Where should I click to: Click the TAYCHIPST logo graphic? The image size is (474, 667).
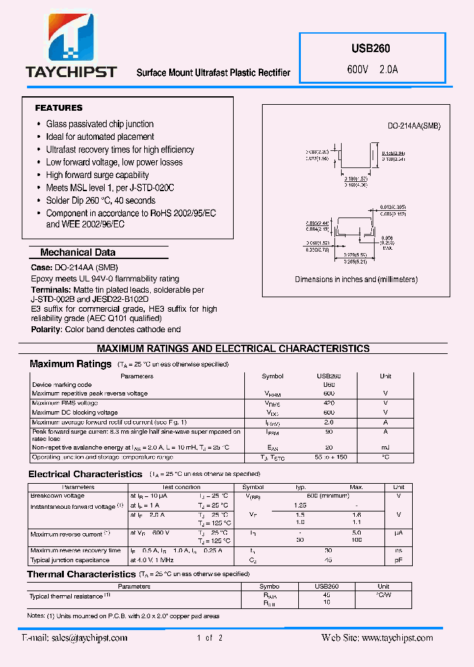pyautogui.click(x=70, y=40)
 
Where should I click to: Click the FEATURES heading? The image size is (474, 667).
pyautogui.click(x=59, y=107)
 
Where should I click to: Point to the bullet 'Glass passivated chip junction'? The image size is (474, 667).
pyautogui.click(x=99, y=124)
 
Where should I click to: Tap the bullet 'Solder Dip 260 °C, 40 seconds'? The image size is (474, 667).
pyautogui.click(x=100, y=200)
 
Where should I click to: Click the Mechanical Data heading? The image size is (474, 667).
pyautogui.click(x=78, y=252)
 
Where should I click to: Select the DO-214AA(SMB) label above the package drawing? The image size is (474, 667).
pyautogui.click(x=413, y=126)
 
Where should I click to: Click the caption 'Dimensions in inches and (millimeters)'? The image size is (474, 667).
pyautogui.click(x=356, y=279)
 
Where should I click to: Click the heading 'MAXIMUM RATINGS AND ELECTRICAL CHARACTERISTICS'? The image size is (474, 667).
pyautogui.click(x=233, y=348)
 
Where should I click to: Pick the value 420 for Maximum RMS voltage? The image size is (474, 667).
pyautogui.click(x=329, y=403)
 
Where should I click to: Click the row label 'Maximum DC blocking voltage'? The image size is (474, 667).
pyautogui.click(x=75, y=413)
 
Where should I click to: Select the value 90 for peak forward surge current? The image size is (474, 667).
pyautogui.click(x=329, y=432)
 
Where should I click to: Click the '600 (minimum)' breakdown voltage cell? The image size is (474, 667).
pyautogui.click(x=329, y=496)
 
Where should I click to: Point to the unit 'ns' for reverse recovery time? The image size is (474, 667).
pyautogui.click(x=398, y=550)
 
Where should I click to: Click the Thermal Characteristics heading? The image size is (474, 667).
pyautogui.click(x=81, y=574)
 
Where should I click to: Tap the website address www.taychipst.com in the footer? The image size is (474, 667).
pyautogui.click(x=397, y=637)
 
